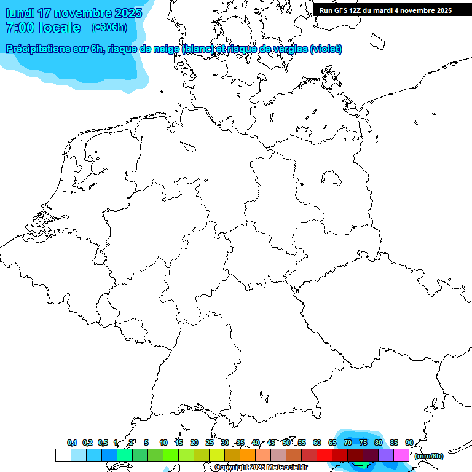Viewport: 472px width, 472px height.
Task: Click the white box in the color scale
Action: pos(63,455)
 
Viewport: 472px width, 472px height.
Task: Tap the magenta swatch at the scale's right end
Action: pos(401,455)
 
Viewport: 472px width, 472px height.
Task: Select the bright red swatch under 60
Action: pos(324,455)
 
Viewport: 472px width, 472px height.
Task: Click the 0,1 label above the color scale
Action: pos(72,442)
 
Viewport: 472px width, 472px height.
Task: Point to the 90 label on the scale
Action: pos(409,442)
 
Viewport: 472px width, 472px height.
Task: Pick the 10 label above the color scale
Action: pos(163,442)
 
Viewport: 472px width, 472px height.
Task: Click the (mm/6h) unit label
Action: pos(429,456)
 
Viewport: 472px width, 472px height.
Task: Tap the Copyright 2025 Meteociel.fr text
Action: pos(261,468)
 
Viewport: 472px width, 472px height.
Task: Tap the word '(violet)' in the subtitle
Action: pos(326,49)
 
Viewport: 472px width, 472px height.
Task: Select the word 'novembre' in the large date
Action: pos(81,13)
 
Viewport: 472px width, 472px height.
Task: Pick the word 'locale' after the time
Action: pos(60,28)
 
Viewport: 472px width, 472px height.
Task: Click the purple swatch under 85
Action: pos(386,455)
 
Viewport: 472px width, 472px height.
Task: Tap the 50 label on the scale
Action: pos(286,442)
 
